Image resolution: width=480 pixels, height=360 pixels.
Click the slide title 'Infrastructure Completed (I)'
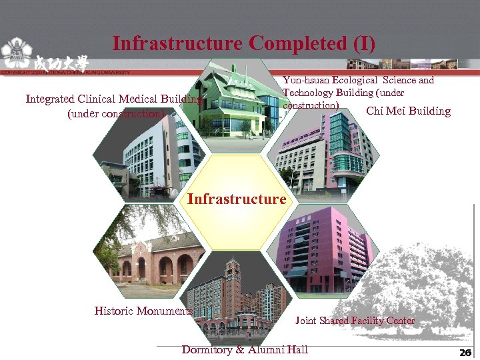coord(244,44)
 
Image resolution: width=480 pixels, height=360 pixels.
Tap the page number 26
coord(465,352)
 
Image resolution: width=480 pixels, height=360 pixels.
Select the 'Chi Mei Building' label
coord(408,111)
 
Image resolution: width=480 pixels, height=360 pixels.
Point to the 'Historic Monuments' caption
coord(143,311)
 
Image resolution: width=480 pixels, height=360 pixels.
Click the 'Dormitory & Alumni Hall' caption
coord(245,349)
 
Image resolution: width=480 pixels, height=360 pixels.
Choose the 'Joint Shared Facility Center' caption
coord(355,321)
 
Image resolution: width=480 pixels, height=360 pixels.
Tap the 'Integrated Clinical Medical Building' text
coord(113,99)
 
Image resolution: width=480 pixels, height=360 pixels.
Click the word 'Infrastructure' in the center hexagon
coord(237,199)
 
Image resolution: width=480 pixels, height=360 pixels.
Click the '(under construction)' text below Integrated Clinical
coord(115,113)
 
